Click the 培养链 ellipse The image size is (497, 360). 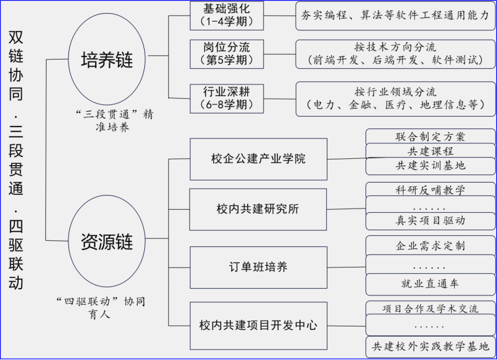tap(107, 60)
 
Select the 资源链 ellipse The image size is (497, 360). tap(107, 241)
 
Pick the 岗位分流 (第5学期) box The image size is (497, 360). tap(226, 54)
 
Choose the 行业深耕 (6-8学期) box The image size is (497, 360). tap(226, 98)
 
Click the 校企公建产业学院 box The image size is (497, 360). tap(258, 159)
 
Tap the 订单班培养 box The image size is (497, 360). tap(258, 267)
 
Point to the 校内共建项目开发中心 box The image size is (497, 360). tap(258, 324)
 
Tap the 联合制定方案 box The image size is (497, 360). tap(430, 137)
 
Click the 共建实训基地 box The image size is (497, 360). tap(430, 166)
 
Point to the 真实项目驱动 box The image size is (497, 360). tap(430, 220)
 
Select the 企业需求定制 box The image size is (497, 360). tap(430, 245)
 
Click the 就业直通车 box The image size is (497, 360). tap(430, 284)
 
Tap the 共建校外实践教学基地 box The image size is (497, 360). tap(430, 346)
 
